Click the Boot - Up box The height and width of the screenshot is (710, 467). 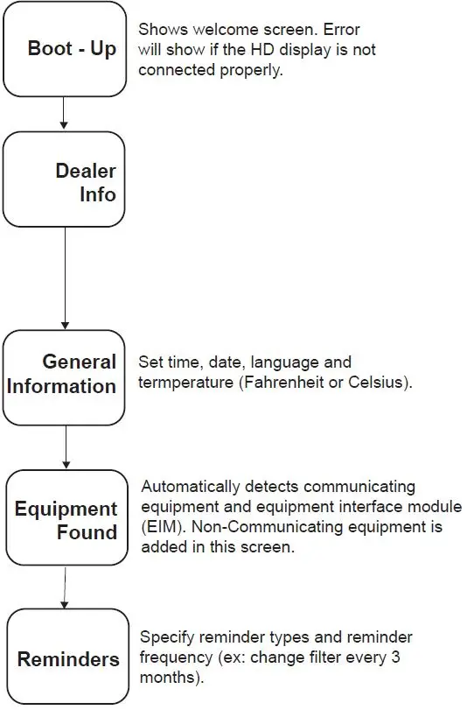pyautogui.click(x=64, y=48)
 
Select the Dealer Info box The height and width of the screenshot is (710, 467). pyautogui.click(x=64, y=181)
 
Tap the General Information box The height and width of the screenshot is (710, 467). pyautogui.click(x=64, y=374)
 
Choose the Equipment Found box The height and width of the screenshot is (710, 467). pyautogui.click(x=66, y=520)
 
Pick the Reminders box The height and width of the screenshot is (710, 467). pyautogui.click(x=68, y=657)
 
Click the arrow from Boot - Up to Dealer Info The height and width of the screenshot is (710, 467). pyautogui.click(x=64, y=114)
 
